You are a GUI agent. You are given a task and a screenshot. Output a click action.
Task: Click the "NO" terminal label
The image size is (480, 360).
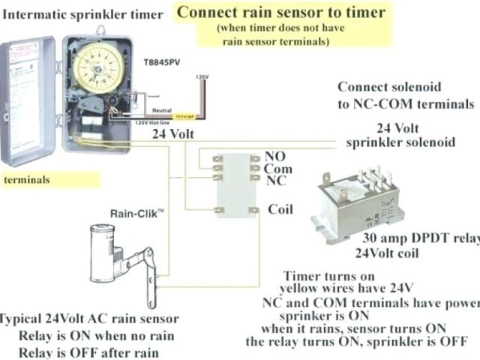click(x=275, y=156)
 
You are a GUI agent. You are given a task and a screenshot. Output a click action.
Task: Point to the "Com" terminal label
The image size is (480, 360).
click(x=278, y=169)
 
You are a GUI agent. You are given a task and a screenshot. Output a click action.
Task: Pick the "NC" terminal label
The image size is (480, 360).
click(x=275, y=181)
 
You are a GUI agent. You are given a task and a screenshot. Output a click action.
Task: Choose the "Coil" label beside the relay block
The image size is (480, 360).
click(x=280, y=209)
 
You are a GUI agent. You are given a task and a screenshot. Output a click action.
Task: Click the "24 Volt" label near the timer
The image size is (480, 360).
click(x=174, y=134)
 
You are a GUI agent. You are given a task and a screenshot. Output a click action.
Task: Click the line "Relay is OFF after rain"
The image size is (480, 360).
click(x=90, y=352)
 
